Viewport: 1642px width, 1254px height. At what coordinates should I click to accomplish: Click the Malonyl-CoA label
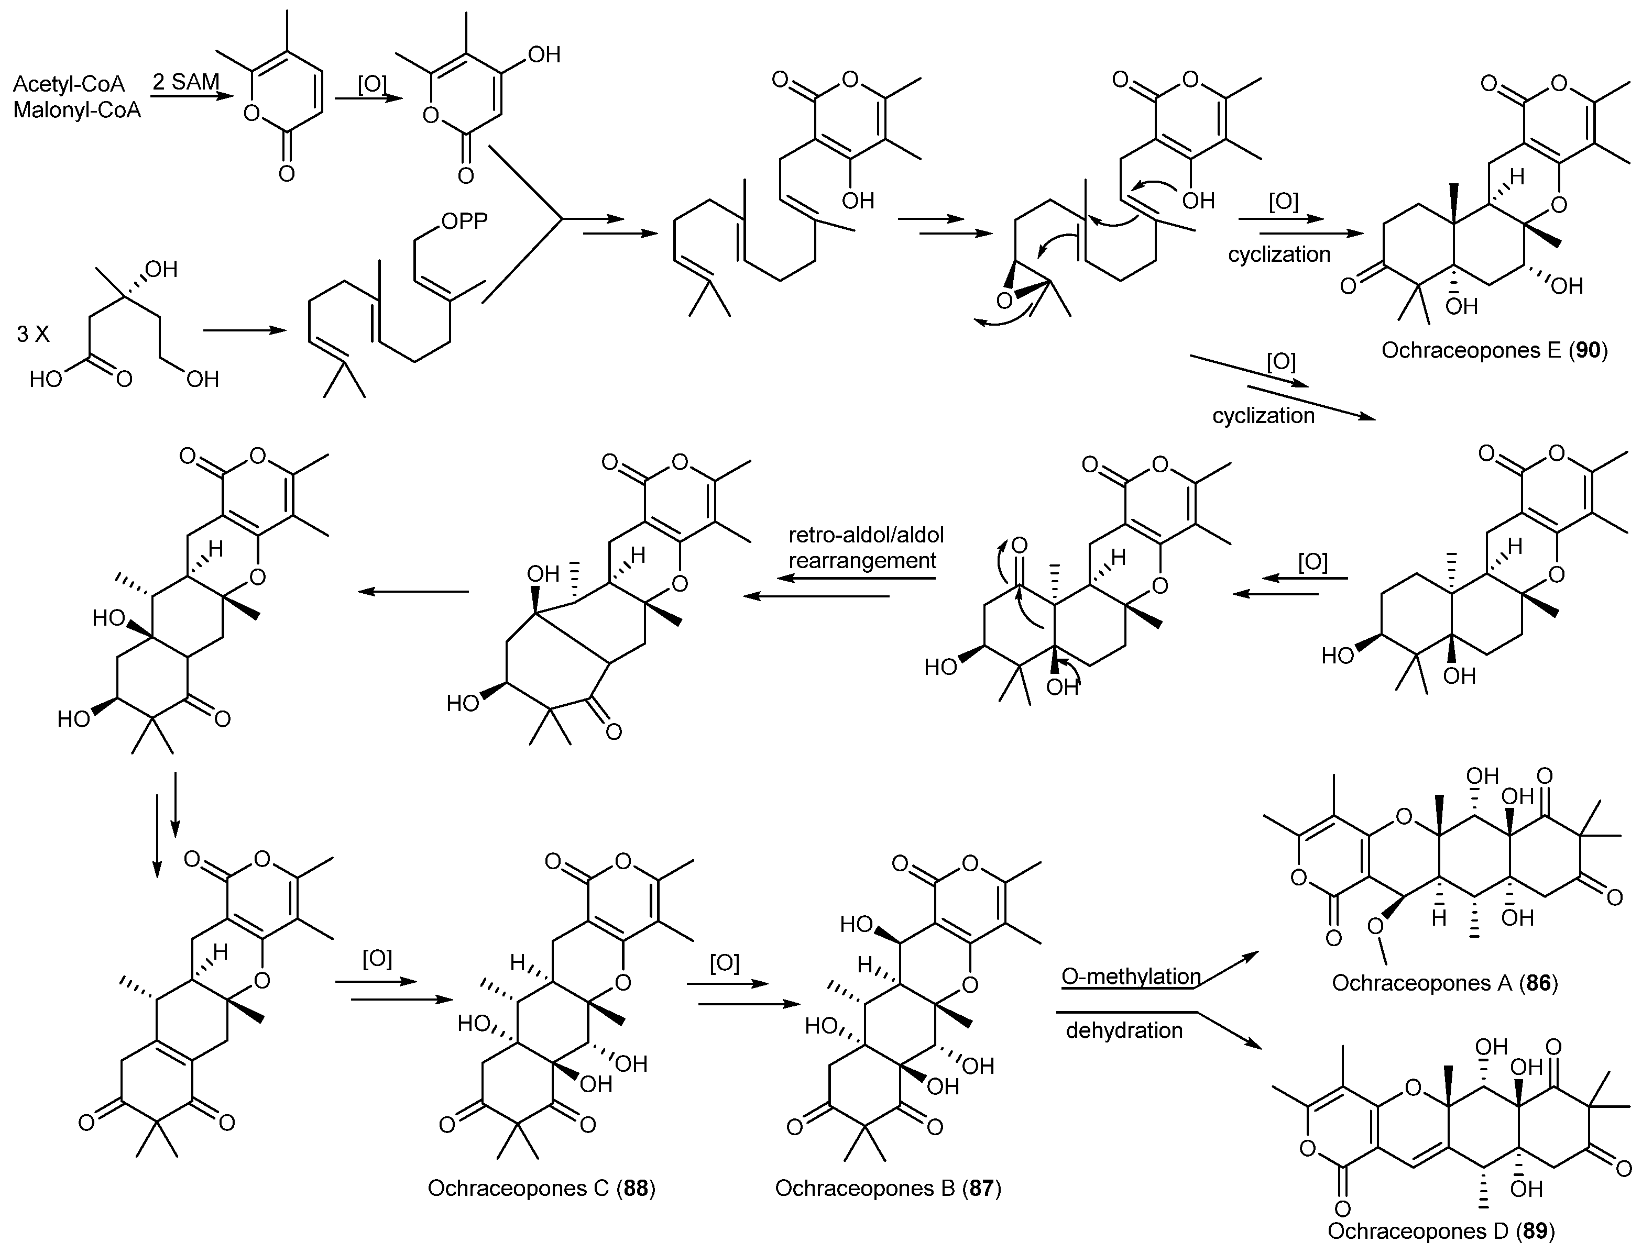77,110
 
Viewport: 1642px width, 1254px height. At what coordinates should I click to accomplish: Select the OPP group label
464,221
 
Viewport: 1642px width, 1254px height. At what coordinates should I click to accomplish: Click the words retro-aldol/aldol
866,535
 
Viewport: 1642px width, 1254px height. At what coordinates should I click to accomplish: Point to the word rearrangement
862,561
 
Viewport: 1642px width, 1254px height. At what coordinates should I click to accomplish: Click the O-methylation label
1131,976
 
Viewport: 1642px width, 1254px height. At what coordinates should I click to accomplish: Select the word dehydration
1124,1031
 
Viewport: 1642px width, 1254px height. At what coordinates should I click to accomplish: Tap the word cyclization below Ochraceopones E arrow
1279,254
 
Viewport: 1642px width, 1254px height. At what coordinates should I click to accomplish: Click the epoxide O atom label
1004,301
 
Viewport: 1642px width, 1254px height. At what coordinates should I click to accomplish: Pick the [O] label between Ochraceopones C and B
724,963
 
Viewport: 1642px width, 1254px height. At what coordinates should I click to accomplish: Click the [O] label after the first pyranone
373,84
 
